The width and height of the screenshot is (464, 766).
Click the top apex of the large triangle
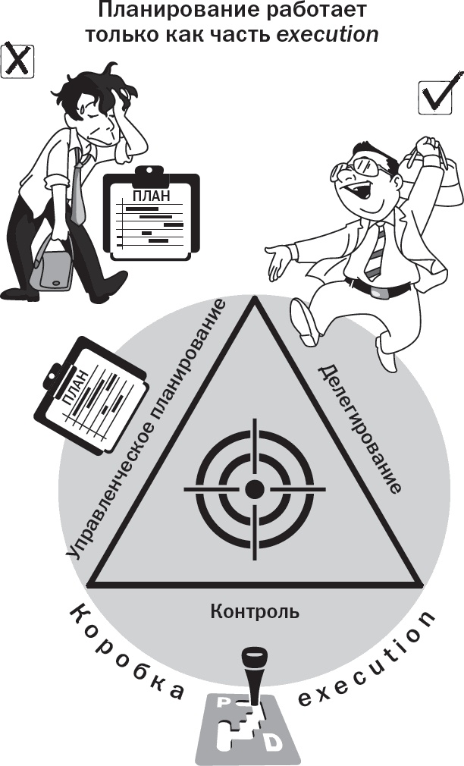tap(255, 297)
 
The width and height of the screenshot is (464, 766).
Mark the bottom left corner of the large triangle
tap(88, 584)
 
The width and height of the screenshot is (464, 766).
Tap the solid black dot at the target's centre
tap(255, 488)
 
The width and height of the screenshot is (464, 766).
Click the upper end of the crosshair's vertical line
tap(255, 418)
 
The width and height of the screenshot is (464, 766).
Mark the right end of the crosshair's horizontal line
tap(326, 488)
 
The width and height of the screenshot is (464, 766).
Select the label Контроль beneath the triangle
tap(255, 611)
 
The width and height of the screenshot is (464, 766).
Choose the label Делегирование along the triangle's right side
tap(360, 429)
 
